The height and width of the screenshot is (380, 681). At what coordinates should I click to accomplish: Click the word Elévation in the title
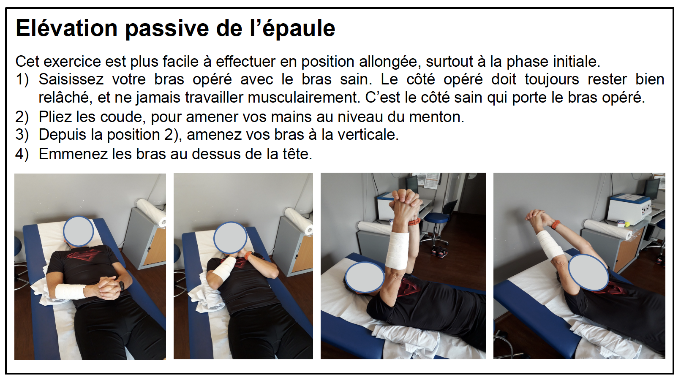tap(67, 28)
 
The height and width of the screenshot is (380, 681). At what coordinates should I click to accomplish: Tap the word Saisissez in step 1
tap(71, 79)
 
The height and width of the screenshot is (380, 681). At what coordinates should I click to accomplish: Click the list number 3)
tap(22, 135)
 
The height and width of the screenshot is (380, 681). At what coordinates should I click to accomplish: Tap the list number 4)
tap(22, 154)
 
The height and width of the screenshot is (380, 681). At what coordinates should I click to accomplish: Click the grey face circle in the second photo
tap(230, 238)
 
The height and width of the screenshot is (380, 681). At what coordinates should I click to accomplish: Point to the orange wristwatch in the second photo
tap(248, 255)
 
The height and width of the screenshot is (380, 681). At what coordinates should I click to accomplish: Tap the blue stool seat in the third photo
tap(437, 217)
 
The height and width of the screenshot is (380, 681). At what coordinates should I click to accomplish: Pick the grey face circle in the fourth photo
tap(589, 272)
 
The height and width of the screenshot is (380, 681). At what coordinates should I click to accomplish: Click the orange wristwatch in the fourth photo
tap(555, 225)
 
